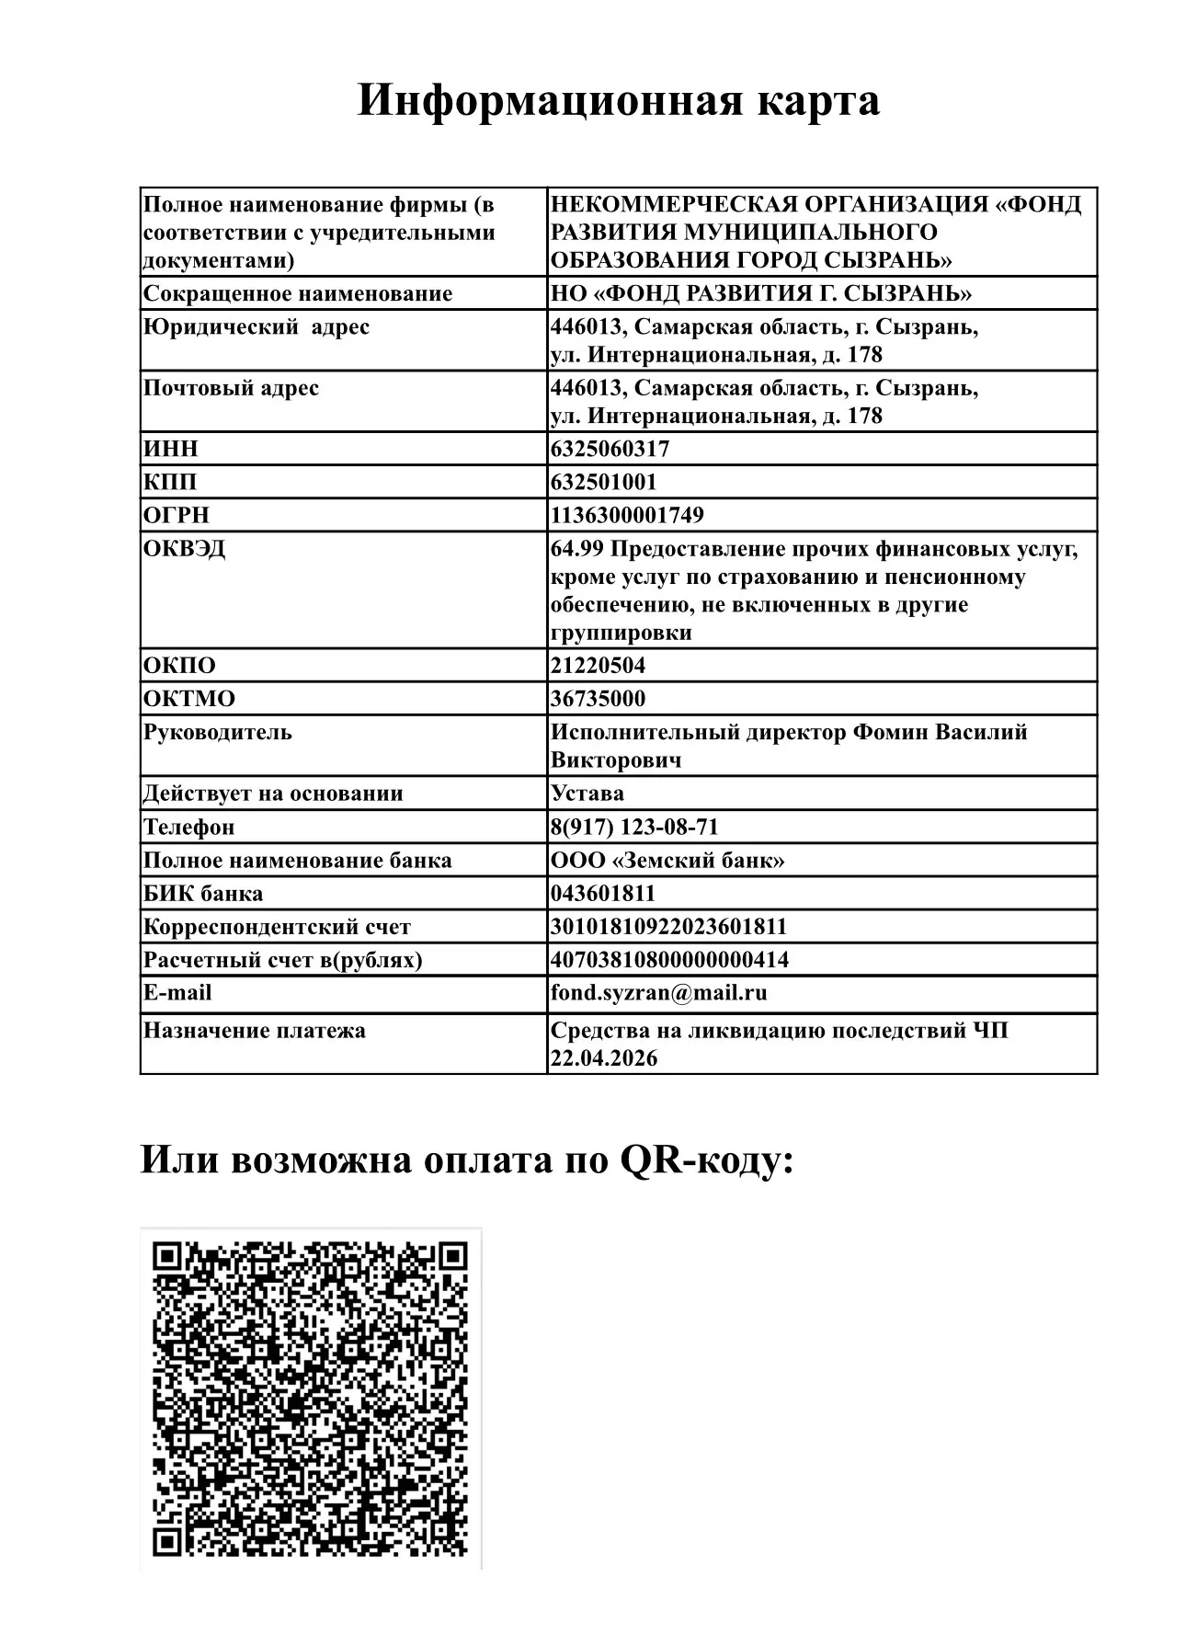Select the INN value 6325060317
(x=610, y=449)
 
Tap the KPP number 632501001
(x=603, y=482)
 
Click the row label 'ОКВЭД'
(x=184, y=549)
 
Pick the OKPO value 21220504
(x=598, y=665)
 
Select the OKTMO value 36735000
(x=598, y=698)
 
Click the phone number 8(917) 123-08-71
(x=634, y=827)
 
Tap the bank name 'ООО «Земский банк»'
(x=667, y=860)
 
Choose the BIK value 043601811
(x=603, y=893)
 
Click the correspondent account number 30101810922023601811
(x=668, y=926)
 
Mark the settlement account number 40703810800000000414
(x=669, y=959)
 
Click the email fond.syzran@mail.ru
(x=658, y=993)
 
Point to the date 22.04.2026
(x=604, y=1057)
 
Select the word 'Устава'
(x=587, y=793)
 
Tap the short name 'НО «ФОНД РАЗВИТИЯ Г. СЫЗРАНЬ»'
(x=761, y=293)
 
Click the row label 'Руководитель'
(x=217, y=732)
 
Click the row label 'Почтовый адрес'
(x=231, y=388)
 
